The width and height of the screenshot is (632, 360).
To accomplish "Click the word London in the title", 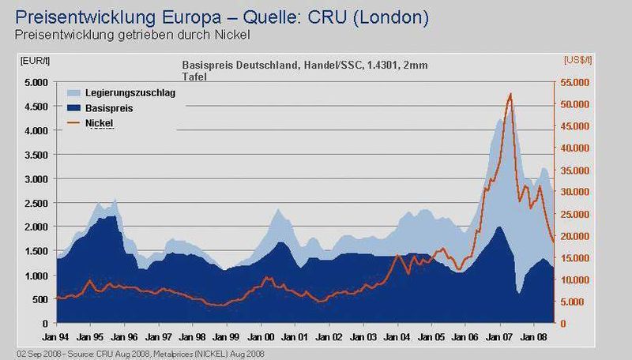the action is [390, 17].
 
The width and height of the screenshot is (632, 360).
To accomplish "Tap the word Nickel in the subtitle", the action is [232, 35].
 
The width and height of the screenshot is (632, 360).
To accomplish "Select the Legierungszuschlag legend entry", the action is [121, 93].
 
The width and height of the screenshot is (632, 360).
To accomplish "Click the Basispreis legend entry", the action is [100, 108].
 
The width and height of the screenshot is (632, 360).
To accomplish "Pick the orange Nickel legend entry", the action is [90, 123].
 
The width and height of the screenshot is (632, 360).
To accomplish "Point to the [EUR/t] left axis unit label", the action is [35, 61].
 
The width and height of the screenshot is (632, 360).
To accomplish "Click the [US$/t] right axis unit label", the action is [577, 61].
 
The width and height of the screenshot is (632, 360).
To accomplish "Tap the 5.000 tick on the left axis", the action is [36, 83].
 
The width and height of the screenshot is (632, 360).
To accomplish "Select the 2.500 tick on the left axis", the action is [36, 204].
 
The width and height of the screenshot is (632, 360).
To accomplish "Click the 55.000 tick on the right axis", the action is [574, 83].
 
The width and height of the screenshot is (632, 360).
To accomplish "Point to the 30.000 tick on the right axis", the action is [574, 192].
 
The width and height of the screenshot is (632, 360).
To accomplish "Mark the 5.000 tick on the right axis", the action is [572, 302].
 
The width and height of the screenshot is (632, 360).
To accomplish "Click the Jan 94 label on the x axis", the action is [55, 336].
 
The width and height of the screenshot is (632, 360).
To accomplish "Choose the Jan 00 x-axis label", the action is [261, 336].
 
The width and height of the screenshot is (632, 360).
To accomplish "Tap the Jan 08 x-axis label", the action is [534, 336].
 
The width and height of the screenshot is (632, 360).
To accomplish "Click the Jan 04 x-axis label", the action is [397, 336].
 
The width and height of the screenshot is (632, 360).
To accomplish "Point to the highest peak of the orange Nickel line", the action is [510, 93].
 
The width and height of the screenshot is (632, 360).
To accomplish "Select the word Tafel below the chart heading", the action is [194, 77].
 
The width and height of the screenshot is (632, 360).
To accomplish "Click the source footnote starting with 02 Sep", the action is [141, 354].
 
